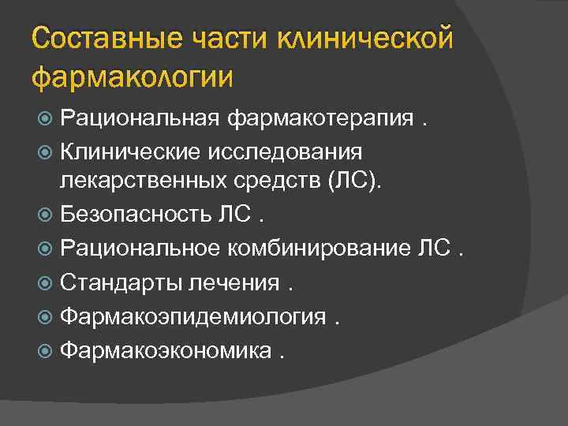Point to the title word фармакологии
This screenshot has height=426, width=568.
(x=133, y=77)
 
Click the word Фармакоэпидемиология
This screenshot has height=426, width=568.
(x=193, y=316)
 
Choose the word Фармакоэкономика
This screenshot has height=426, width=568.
(x=165, y=349)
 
